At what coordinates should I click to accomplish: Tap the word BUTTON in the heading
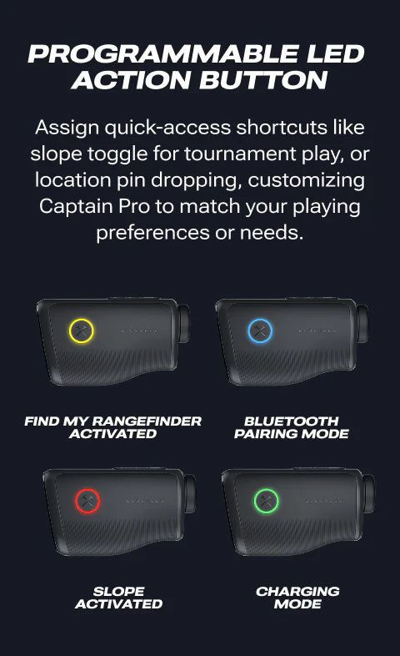(263, 79)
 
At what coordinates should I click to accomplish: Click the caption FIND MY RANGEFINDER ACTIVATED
(113, 427)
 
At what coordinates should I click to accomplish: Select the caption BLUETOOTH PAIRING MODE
(292, 427)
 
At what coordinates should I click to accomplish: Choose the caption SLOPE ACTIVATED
(119, 598)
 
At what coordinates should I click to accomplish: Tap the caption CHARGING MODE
(297, 598)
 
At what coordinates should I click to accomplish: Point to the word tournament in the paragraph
(240, 154)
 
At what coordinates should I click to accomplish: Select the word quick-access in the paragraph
(167, 128)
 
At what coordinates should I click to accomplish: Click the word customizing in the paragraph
(306, 180)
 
